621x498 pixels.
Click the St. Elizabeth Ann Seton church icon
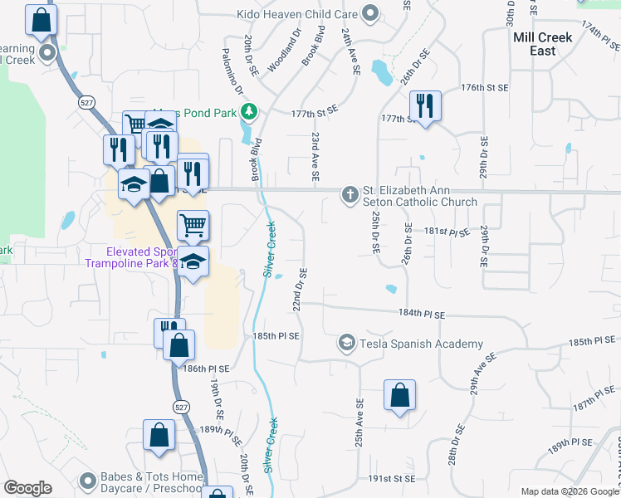[x=350, y=194]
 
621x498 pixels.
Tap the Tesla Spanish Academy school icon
[x=346, y=343]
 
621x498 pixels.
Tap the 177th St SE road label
[x=315, y=110]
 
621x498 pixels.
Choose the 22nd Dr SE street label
[x=299, y=289]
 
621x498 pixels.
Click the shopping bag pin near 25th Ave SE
[x=399, y=395]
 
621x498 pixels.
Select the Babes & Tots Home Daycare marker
[x=88, y=481]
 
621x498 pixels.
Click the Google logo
[x=27, y=488]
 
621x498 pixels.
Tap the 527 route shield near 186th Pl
[x=182, y=406]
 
